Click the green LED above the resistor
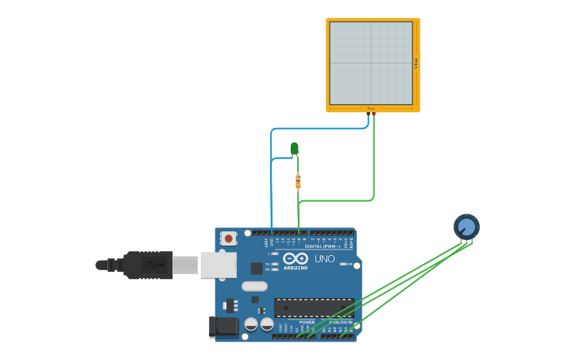coord(294,148)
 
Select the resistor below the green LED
coord(298,182)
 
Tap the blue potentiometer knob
coord(466,227)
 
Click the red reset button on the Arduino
coord(229,238)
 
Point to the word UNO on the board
coord(324,259)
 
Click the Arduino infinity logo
coord(295,258)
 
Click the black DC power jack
coord(223,326)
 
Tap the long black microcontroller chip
coord(313,308)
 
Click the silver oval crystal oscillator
coord(254,286)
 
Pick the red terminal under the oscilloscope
coord(373,114)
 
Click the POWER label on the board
coord(307,322)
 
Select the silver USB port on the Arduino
coord(218,265)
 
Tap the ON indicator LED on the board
coord(347,263)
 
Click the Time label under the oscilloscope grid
coord(370,108)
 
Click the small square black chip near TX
coord(257,269)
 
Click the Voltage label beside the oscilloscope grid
coord(416,64)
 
